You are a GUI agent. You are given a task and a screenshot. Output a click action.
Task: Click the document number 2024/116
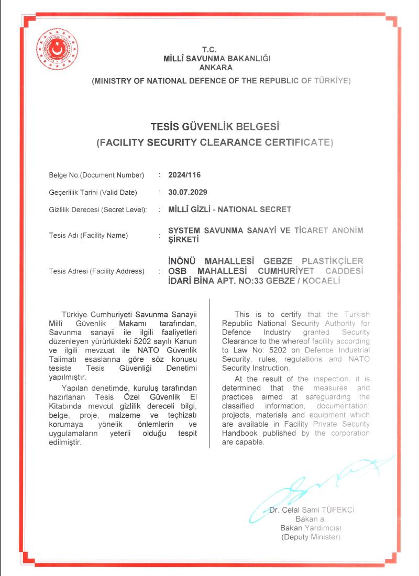(x=184, y=175)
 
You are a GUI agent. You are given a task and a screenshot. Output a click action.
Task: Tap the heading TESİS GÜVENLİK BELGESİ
(x=215, y=127)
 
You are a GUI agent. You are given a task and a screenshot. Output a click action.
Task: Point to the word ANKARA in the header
(x=216, y=68)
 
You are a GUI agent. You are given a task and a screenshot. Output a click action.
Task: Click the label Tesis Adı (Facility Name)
(x=88, y=235)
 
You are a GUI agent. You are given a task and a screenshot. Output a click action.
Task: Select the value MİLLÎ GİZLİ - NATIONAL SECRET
(x=229, y=209)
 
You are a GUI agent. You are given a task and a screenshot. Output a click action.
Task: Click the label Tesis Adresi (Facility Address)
(x=96, y=271)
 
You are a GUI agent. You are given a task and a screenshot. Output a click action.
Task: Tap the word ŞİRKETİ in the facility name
(x=184, y=240)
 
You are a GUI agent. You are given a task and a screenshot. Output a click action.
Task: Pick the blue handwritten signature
(x=319, y=484)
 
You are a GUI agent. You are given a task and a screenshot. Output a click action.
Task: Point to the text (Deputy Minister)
(x=311, y=537)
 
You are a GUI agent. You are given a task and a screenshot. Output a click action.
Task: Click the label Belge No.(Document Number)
(x=96, y=175)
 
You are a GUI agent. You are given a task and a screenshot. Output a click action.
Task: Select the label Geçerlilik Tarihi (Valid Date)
(x=93, y=192)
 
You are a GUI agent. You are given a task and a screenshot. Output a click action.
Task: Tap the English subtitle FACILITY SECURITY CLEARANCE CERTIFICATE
(x=215, y=142)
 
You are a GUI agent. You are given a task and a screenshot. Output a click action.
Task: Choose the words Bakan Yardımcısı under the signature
(x=311, y=528)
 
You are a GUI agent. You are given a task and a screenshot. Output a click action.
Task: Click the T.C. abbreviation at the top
(x=216, y=50)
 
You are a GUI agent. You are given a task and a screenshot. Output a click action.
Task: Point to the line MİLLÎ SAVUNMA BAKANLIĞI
(x=216, y=59)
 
